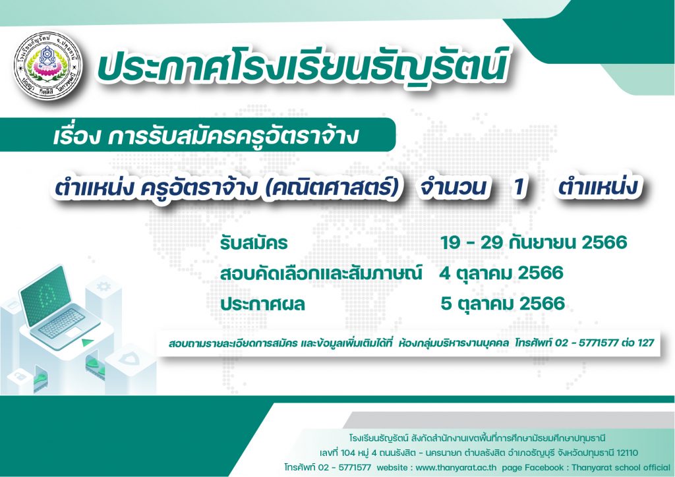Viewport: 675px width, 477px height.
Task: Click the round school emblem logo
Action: coord(47,69)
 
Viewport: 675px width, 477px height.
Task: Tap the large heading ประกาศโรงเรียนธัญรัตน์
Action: coord(301,67)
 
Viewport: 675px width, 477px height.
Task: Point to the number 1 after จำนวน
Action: coord(519,187)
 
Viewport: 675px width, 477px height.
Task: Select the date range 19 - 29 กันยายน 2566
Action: coord(533,242)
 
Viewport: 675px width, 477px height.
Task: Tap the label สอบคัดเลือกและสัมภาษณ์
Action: coord(321,273)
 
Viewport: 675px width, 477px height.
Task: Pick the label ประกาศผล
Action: coord(262,304)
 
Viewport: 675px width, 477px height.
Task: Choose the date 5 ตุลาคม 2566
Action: coord(502,304)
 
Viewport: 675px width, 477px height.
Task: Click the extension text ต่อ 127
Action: coord(638,343)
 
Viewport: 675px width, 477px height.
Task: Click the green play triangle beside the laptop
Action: coord(88,343)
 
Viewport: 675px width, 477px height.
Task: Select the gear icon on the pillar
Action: coord(103,286)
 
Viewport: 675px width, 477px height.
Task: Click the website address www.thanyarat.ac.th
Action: coord(456,467)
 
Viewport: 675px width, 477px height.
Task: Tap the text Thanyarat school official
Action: coord(621,467)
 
